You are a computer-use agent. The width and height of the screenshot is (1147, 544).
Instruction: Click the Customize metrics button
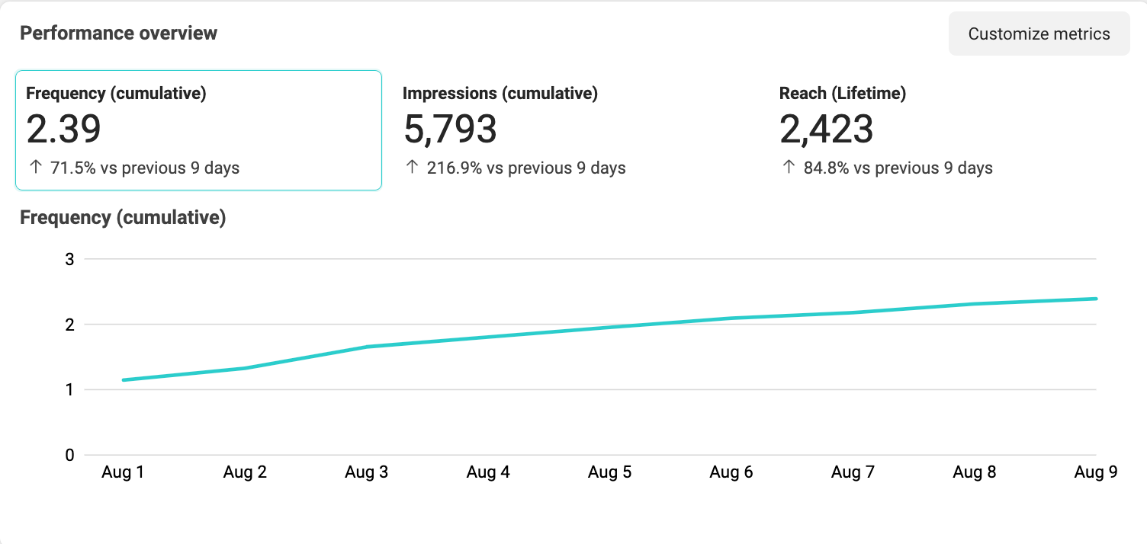(x=1039, y=34)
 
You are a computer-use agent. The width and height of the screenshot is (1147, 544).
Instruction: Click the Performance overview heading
(x=118, y=34)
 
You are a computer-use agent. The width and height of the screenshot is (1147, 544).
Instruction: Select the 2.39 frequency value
(x=64, y=130)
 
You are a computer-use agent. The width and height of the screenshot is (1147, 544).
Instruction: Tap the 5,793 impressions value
(x=450, y=130)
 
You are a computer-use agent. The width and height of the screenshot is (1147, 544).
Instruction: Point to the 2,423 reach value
(x=826, y=130)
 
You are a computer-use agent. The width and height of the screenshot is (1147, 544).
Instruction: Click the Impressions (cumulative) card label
(x=500, y=94)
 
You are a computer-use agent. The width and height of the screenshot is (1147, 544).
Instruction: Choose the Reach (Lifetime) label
(x=842, y=94)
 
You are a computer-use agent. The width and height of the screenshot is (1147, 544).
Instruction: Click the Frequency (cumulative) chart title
(x=123, y=218)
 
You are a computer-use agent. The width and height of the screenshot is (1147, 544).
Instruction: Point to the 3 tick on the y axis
(x=69, y=259)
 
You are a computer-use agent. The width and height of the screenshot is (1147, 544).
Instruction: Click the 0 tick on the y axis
(x=69, y=455)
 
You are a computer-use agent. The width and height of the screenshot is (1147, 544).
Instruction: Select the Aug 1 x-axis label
(x=123, y=472)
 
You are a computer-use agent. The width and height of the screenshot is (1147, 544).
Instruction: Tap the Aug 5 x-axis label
(x=609, y=472)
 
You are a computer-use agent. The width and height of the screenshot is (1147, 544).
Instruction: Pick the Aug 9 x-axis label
(x=1095, y=472)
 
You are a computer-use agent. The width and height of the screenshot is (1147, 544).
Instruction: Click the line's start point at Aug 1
(x=124, y=380)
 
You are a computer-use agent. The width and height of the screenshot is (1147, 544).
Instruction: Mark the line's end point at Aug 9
(x=1096, y=299)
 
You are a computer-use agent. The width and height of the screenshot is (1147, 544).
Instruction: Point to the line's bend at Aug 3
(x=367, y=347)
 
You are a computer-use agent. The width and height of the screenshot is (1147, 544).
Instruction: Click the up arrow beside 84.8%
(x=788, y=168)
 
